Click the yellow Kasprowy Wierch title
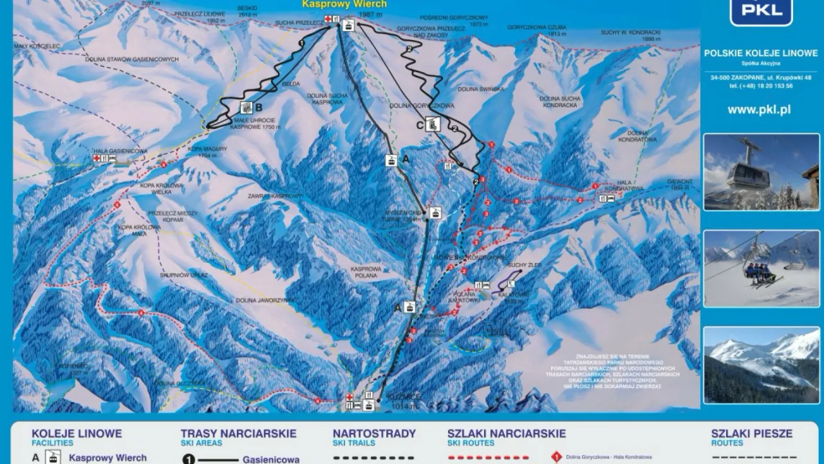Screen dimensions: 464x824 tap(344, 4)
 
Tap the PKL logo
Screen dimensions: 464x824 tap(760, 11)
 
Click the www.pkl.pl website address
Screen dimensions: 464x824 tap(759, 110)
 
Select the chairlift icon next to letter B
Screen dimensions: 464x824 tap(246, 108)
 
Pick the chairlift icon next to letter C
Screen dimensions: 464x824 tap(434, 124)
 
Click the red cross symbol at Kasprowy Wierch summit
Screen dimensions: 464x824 tap(328, 19)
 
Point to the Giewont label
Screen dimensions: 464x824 tap(681, 182)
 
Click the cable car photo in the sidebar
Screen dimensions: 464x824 tap(761, 171)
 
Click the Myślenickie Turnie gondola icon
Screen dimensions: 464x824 tap(436, 213)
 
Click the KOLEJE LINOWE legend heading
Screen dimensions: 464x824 tap(77, 434)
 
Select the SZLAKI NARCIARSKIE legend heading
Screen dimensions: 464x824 tap(506, 434)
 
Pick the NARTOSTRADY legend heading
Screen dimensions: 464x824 tap(374, 434)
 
